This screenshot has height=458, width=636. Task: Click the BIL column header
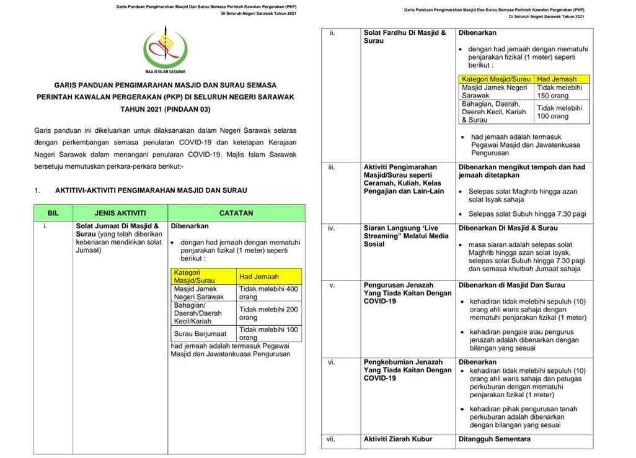point(53,213)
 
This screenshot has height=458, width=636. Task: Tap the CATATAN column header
point(236,213)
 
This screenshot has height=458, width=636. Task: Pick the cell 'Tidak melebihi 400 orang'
point(268,293)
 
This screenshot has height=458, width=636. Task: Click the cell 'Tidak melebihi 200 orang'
point(268,313)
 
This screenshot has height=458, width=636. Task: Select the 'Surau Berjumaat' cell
point(201,333)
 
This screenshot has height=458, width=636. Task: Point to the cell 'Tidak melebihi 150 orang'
point(559,92)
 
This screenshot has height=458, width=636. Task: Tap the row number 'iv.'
point(332,228)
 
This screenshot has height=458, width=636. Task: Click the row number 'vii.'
point(331,439)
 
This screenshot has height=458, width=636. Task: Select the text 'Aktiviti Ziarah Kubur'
point(397,439)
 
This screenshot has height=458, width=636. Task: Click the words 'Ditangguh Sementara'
point(494,439)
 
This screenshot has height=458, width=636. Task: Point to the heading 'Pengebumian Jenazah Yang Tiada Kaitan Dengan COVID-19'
point(407,370)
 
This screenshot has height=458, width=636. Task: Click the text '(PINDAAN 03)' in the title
point(188,110)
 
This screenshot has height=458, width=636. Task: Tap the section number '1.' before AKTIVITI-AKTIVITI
point(37,191)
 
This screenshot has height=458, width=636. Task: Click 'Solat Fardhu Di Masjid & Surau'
point(404,37)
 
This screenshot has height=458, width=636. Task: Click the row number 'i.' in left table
point(45,227)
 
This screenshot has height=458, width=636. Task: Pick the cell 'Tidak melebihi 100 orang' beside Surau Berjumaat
point(268,333)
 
